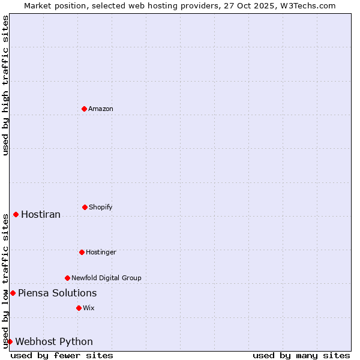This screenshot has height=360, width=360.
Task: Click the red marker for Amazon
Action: coord(84,109)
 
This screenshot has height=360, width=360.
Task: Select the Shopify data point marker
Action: coord(85,207)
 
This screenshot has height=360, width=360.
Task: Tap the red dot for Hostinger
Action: coord(82,252)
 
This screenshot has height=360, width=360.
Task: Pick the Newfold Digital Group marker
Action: coord(67,278)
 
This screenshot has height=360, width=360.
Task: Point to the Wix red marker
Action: coord(79,308)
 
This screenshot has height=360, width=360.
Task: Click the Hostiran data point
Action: coord(16,214)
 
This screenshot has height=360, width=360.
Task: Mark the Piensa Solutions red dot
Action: coord(13,293)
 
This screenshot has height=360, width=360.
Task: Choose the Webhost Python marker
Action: coord(10,341)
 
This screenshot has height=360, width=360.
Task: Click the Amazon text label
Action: coord(101,109)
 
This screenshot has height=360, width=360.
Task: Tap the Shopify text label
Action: coord(101,207)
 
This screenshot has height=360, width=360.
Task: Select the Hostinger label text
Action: coord(101,252)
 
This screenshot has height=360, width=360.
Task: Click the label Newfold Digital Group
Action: coord(106,278)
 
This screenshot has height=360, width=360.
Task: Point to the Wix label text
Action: coord(89,308)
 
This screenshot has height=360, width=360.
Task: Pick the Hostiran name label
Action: coord(41,214)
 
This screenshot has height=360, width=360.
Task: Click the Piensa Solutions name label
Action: coord(57,293)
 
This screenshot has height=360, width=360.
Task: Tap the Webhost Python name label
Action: coord(54,341)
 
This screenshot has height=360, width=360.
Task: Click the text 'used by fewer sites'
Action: coord(62,355)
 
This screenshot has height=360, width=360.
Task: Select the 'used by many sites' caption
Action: coord(301,355)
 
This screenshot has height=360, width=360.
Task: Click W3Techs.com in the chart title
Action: coord(310,5)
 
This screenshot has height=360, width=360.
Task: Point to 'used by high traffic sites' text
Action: coord(5,85)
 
